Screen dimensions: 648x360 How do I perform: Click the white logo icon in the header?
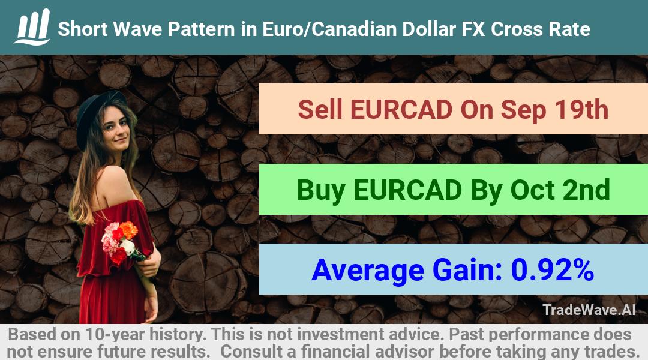[32, 27]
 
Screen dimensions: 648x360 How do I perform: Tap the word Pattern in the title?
[212, 29]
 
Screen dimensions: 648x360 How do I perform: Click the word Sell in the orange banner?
[320, 110]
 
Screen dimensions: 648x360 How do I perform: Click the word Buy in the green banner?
[321, 190]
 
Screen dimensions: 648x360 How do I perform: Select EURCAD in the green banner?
[407, 190]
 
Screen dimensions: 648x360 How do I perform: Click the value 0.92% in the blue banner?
[553, 270]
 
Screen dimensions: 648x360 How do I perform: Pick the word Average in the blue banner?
[368, 271]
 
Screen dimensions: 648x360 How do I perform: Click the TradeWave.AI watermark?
[589, 310]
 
